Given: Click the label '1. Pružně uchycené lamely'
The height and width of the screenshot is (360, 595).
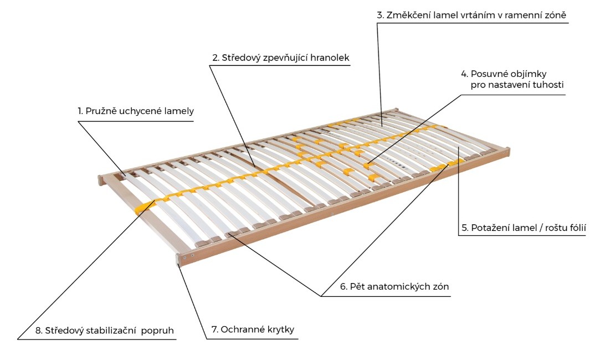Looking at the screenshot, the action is coord(136,111).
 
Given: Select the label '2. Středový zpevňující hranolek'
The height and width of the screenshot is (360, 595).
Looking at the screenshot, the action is coord(281,58).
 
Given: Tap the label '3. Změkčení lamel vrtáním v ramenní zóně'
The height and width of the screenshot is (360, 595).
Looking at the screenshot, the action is coord(471,16).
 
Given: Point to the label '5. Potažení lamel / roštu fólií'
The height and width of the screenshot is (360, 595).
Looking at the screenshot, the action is coord(524,228).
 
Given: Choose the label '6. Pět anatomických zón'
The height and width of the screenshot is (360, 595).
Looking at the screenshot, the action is coord(394,286).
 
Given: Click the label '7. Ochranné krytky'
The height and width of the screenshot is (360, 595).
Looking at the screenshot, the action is coord(253,330).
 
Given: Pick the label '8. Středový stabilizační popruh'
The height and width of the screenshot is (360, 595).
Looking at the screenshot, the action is coord(105,331).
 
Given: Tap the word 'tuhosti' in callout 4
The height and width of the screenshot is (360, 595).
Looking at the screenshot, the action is coord(548,85).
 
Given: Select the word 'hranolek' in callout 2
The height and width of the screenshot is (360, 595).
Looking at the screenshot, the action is coord(330,58).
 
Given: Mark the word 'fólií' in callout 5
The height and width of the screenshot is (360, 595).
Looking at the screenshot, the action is coord(576,228).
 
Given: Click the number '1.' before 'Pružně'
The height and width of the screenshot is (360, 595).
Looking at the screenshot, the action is coord(80,111).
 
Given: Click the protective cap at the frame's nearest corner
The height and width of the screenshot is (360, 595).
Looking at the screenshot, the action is coord(178,260).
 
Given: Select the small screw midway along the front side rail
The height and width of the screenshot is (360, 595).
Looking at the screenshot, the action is coord(332,214).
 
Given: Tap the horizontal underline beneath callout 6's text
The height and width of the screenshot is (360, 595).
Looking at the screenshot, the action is coord(386,296).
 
